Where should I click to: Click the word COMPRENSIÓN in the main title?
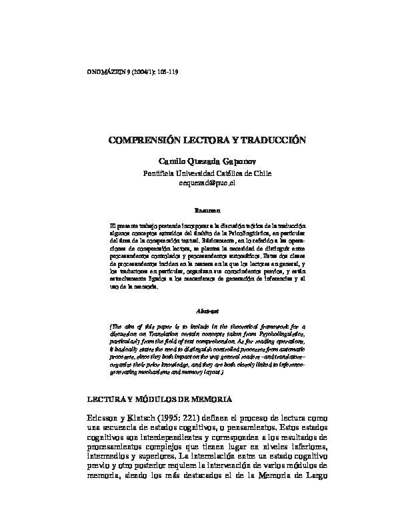[x=142, y=142]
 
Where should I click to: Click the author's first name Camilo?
[x=171, y=161]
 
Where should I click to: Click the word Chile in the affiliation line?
[x=253, y=173]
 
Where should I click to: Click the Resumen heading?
[x=204, y=210]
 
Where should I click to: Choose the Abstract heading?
[x=204, y=311]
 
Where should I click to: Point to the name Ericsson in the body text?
[x=105, y=418]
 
